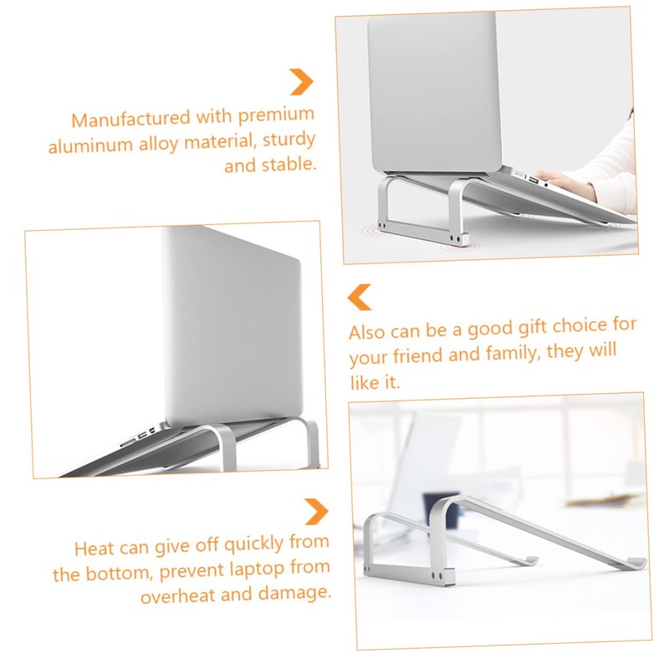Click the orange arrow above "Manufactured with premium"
coord(301,81)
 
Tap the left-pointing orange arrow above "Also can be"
coord(359,296)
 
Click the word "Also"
coord(367,332)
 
